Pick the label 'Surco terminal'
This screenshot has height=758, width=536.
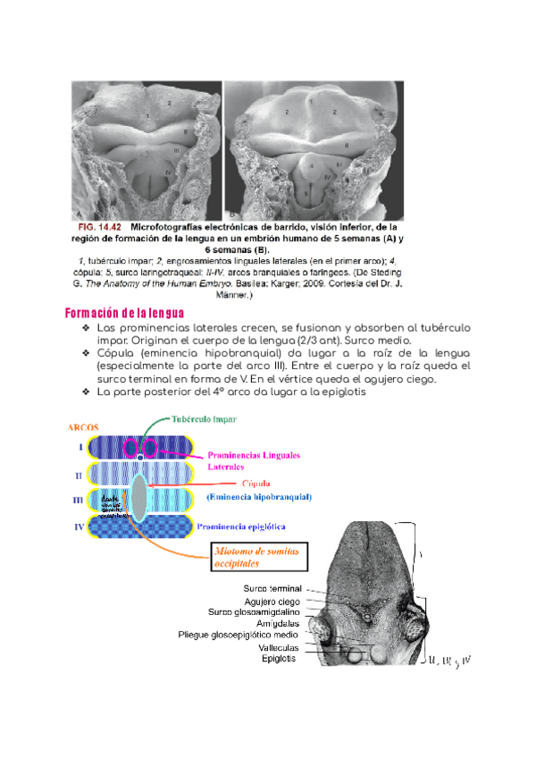[x=272, y=588]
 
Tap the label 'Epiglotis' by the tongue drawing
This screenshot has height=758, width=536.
[x=281, y=659]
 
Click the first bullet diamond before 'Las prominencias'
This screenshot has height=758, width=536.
[x=87, y=329]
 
